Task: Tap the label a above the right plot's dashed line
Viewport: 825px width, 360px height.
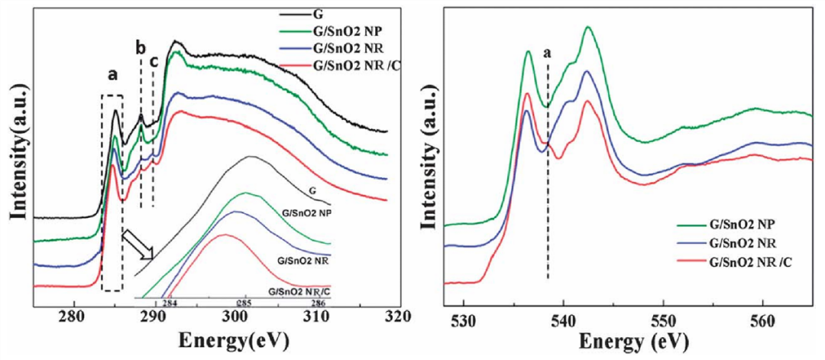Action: (x=546, y=53)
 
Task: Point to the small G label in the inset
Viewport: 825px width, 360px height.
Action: (x=312, y=188)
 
